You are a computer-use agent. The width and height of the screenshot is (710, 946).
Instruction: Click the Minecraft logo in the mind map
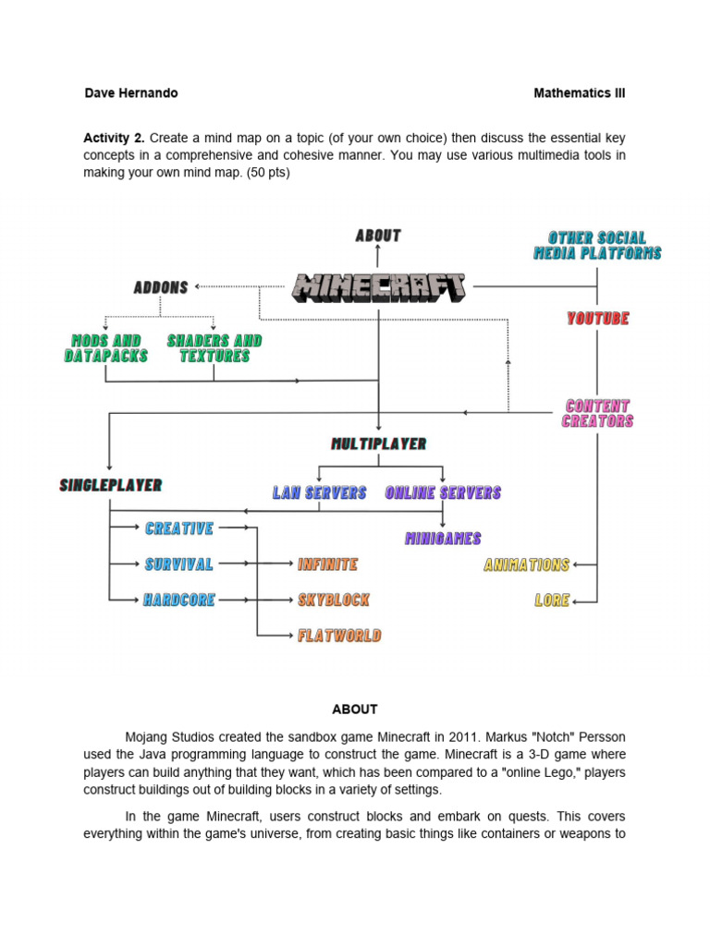[379, 287]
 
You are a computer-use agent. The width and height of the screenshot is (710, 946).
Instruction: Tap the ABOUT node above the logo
[378, 236]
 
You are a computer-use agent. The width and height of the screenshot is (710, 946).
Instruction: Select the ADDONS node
[161, 287]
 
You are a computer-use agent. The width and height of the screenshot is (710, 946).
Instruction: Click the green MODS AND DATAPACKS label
[106, 348]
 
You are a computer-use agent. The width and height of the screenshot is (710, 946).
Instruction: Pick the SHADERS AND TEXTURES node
[214, 348]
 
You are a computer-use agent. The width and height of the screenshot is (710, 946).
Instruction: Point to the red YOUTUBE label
[597, 319]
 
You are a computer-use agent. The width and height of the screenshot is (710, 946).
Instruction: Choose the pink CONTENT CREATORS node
[597, 413]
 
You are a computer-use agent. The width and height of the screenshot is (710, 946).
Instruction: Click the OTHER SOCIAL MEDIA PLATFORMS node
[597, 246]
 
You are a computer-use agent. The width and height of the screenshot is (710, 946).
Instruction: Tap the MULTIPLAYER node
[379, 444]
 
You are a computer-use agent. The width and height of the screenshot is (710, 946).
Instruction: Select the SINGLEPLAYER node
[111, 485]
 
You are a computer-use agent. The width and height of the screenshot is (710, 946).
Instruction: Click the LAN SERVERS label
[319, 493]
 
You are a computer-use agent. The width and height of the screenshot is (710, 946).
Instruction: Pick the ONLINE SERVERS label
[443, 493]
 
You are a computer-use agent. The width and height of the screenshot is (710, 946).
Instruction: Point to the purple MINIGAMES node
[443, 539]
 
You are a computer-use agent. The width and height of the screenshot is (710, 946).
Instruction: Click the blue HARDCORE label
[179, 600]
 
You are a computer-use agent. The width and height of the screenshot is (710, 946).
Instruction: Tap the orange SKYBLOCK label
[333, 600]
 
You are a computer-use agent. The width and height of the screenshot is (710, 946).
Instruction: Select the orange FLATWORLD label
[339, 636]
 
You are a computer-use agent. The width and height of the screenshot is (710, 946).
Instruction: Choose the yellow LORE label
[552, 600]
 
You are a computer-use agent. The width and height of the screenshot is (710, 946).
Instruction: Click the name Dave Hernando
[131, 93]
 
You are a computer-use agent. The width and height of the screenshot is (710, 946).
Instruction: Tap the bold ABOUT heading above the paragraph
[355, 709]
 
